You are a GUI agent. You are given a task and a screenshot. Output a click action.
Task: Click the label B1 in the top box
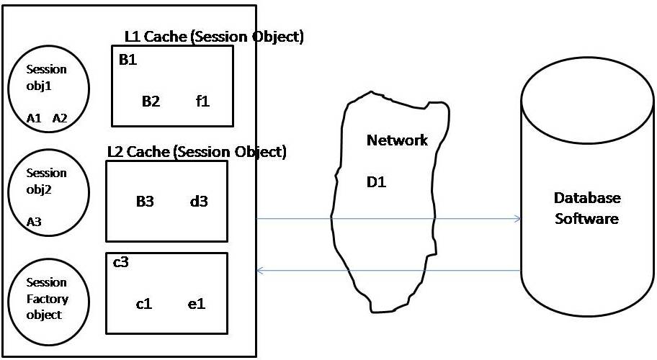(128, 60)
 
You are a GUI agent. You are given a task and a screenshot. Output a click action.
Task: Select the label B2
(151, 102)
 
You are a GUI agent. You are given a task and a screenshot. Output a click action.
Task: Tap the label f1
(202, 102)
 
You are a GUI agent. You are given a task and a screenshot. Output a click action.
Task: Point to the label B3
(145, 202)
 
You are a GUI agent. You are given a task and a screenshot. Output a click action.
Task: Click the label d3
(199, 202)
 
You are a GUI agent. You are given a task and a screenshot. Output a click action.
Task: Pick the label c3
(121, 262)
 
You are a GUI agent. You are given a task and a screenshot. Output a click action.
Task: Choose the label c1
(144, 304)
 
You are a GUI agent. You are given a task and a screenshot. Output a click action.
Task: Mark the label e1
(197, 304)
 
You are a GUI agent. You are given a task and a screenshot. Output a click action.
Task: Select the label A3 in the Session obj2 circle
(34, 222)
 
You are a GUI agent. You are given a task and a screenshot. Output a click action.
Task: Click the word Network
(397, 140)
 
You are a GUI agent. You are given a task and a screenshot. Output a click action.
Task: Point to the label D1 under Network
(377, 182)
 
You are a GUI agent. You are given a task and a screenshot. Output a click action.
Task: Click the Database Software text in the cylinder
(586, 208)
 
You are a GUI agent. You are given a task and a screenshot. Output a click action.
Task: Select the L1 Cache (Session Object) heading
(214, 37)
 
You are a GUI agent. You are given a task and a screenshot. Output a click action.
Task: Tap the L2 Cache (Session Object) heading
(197, 152)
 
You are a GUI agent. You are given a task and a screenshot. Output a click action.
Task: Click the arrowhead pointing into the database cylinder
(517, 218)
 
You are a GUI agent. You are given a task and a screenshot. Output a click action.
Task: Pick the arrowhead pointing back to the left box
(261, 271)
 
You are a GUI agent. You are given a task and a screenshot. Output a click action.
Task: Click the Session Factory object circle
(47, 298)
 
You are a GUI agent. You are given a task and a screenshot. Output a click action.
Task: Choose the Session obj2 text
(46, 182)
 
